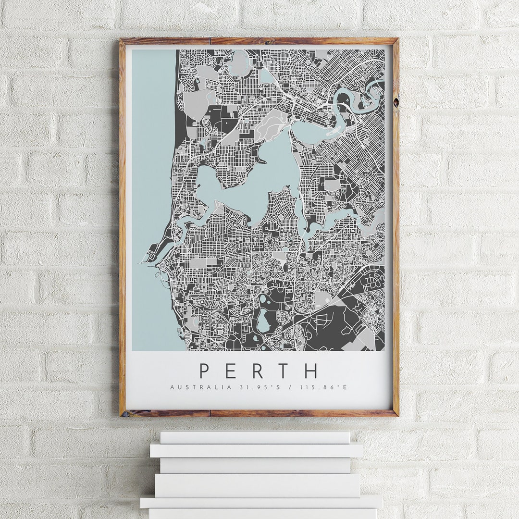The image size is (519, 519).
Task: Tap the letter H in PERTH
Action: [311, 371]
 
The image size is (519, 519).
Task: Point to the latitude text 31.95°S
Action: [246, 387]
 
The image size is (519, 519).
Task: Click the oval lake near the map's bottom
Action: [263, 321]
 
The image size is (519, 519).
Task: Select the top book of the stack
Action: [255, 437]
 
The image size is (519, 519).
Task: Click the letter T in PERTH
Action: [284, 371]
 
